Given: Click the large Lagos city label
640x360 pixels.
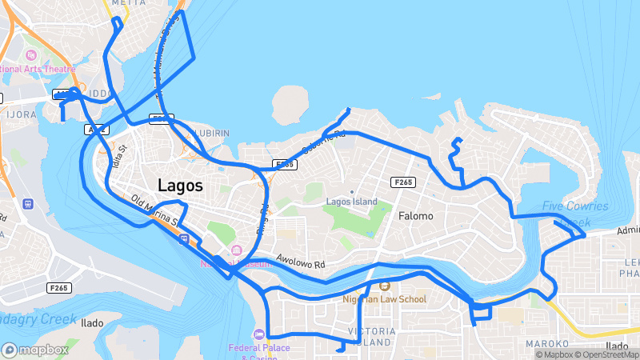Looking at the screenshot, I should pyautogui.click(x=180, y=185).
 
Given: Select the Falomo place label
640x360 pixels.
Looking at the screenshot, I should pyautogui.click(x=415, y=216).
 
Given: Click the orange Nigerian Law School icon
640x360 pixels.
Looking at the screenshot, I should pyautogui.click(x=384, y=286).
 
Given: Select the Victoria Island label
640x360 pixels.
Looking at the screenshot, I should pyautogui.click(x=370, y=336).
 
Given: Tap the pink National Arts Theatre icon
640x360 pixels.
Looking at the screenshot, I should pyautogui.click(x=31, y=55).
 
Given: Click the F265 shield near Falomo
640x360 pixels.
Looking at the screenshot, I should pyautogui.click(x=403, y=182).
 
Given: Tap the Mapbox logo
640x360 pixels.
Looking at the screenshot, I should pyautogui.click(x=35, y=350).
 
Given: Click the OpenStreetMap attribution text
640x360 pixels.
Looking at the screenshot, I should pyautogui.click(x=606, y=354).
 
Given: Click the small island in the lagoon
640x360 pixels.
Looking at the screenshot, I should pyautogui.click(x=290, y=107).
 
